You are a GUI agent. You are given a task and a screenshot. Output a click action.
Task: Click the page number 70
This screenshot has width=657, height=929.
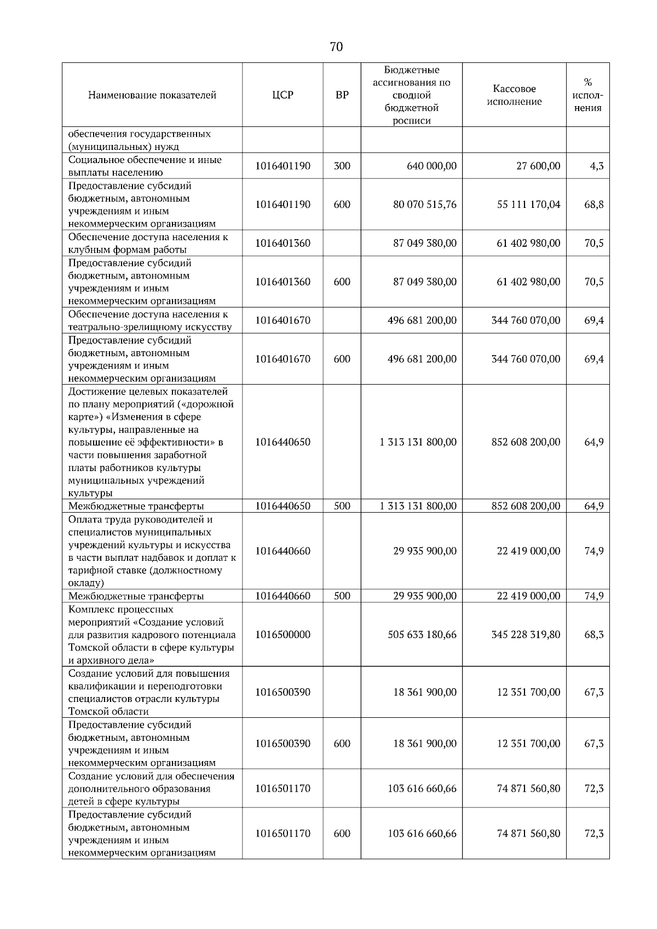click(336, 47)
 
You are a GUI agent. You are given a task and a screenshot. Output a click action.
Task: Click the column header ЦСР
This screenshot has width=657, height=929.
click(283, 95)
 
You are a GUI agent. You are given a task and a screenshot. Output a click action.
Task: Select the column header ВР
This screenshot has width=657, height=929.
click(342, 95)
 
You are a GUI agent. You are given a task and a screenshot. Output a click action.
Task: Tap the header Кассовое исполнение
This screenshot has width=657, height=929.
click(514, 95)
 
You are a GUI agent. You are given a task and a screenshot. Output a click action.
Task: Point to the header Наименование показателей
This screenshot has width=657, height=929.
click(152, 95)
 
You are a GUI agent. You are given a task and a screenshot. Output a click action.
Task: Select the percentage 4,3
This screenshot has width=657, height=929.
click(597, 166)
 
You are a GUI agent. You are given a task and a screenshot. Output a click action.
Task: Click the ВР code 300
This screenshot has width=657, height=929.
click(342, 166)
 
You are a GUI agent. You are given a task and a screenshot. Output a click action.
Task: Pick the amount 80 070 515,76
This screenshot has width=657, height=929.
click(424, 205)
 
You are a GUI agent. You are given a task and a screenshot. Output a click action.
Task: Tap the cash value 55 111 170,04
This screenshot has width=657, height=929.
click(528, 205)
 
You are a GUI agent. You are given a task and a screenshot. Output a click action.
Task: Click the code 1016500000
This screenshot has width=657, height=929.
click(283, 635)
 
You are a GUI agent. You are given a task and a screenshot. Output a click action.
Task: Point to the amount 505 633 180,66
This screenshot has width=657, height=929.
click(422, 635)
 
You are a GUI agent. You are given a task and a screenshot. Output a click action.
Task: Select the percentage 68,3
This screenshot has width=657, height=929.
click(594, 635)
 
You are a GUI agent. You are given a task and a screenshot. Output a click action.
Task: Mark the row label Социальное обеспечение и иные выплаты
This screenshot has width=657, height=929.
click(145, 166)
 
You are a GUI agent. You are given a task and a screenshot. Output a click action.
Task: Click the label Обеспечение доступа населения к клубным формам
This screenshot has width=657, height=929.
click(148, 243)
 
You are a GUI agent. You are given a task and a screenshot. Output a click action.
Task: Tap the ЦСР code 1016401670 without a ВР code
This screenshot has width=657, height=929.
click(283, 321)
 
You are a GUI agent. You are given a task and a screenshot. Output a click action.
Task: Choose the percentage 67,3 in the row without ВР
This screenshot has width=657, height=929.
click(594, 692)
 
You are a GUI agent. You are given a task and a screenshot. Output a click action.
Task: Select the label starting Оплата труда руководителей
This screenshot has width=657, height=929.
click(140, 520)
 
